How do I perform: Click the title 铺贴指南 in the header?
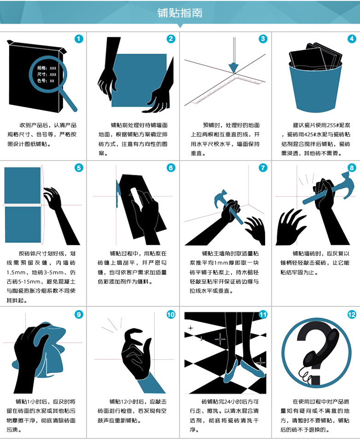180,13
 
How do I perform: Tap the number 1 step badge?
79,39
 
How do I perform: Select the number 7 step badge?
263,168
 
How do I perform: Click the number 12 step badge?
352,315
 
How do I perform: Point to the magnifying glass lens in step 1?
48,74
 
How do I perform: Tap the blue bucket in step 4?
315,87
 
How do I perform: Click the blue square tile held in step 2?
139,80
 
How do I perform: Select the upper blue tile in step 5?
23,185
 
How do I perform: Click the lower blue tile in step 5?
23,224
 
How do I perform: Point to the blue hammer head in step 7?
221,198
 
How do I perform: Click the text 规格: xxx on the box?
46,68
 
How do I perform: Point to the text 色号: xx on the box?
46,81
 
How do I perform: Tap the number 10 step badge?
171,315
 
